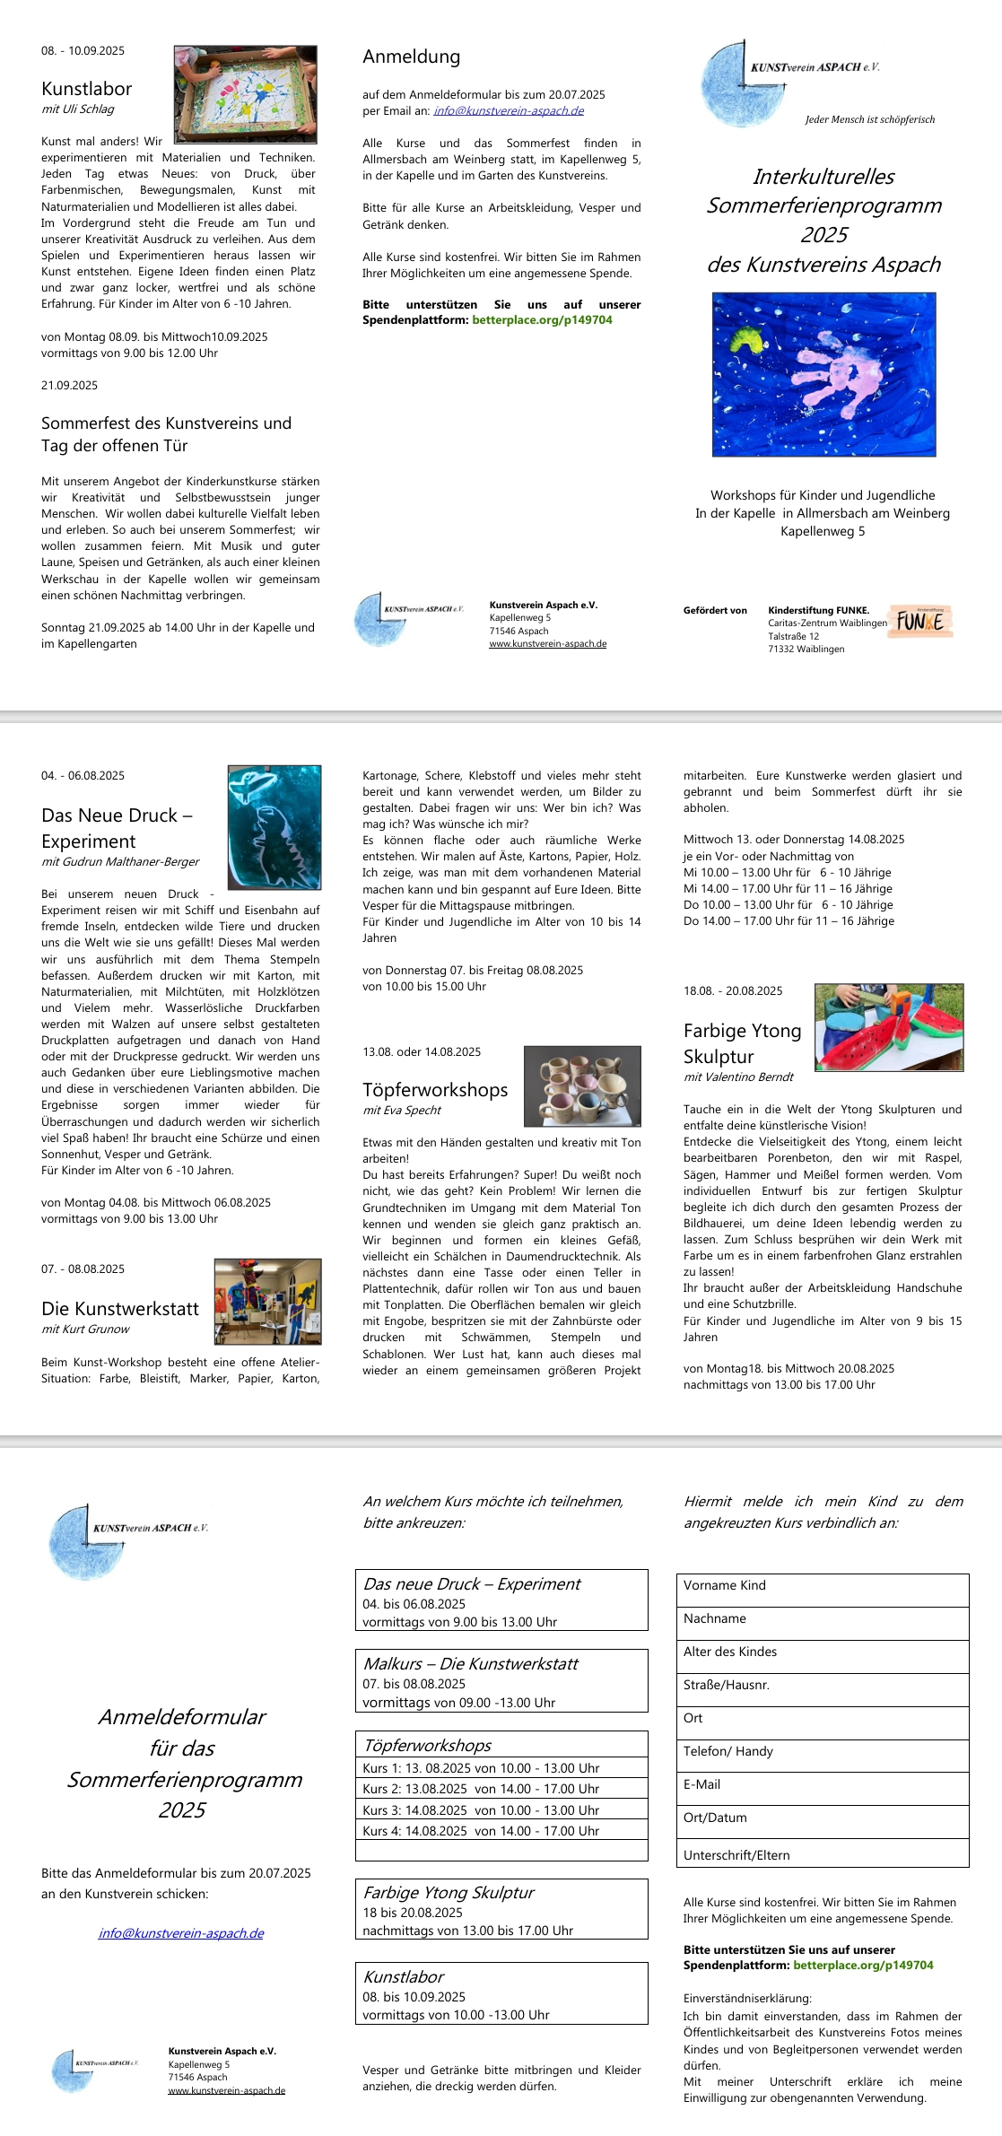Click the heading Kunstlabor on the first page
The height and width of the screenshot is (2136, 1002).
[86, 89]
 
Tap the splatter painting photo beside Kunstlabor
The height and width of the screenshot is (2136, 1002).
[245, 94]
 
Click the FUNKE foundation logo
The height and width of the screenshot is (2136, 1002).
[919, 622]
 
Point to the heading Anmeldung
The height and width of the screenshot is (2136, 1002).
[411, 57]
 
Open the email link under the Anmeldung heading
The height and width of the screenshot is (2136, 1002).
[508, 111]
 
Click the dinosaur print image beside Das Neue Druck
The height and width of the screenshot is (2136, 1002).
[274, 827]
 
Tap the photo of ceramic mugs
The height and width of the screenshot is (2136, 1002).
[582, 1085]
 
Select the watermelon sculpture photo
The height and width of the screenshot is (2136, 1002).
[888, 1027]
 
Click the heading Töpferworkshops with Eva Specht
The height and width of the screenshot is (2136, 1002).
[435, 1089]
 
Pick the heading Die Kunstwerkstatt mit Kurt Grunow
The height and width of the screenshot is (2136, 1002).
[120, 1308]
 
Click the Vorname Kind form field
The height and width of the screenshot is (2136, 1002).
[822, 1586]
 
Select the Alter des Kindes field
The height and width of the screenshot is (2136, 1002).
[822, 1652]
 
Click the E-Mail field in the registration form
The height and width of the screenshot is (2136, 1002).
[822, 1785]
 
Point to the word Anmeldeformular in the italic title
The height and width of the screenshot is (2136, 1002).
[182, 1717]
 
